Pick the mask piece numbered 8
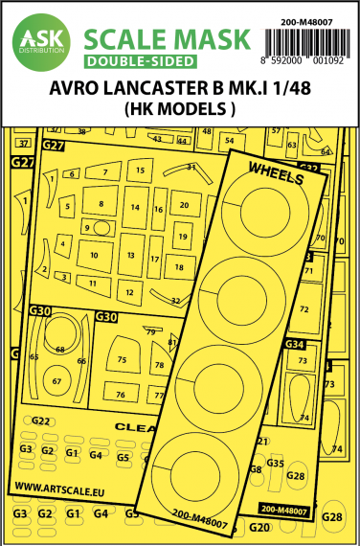(x=101, y=205)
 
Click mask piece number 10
(x=94, y=257)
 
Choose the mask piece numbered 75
(x=123, y=359)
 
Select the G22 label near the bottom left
(x=41, y=421)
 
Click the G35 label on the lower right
(x=276, y=463)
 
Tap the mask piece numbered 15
(x=141, y=170)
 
